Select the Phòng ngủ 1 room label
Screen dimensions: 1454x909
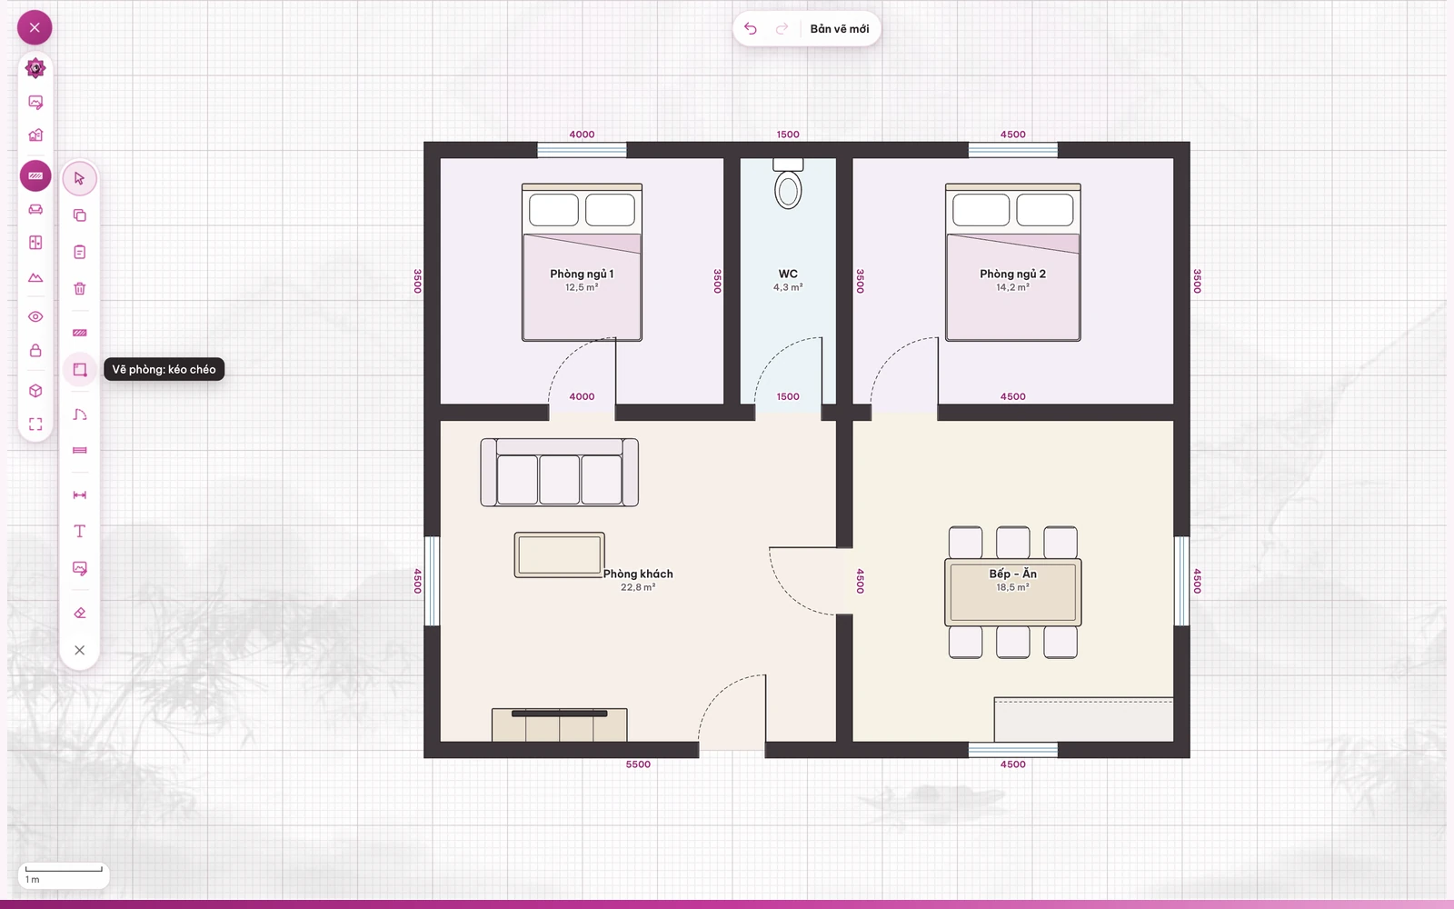click(582, 274)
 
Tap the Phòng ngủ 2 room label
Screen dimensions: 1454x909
click(1012, 274)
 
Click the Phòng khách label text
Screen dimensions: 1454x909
click(638, 574)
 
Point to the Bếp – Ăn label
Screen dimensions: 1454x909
click(1012, 574)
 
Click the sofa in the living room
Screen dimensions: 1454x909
click(559, 472)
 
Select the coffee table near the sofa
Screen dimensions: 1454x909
click(559, 555)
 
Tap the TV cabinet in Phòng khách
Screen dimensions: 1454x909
click(560, 724)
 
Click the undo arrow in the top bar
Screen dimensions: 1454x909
click(751, 28)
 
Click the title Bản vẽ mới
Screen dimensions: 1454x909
click(840, 28)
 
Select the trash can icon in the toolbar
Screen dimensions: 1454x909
click(80, 288)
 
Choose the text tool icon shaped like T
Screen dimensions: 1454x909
click(80, 531)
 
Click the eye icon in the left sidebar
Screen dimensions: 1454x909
click(35, 317)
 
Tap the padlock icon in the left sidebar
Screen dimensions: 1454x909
click(35, 351)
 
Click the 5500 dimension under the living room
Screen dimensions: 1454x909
click(638, 764)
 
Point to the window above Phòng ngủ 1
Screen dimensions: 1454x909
click(582, 150)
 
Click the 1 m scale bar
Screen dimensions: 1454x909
click(64, 869)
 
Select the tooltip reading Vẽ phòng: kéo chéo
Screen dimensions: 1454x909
click(164, 369)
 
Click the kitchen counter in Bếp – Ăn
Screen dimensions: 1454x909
click(1083, 719)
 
